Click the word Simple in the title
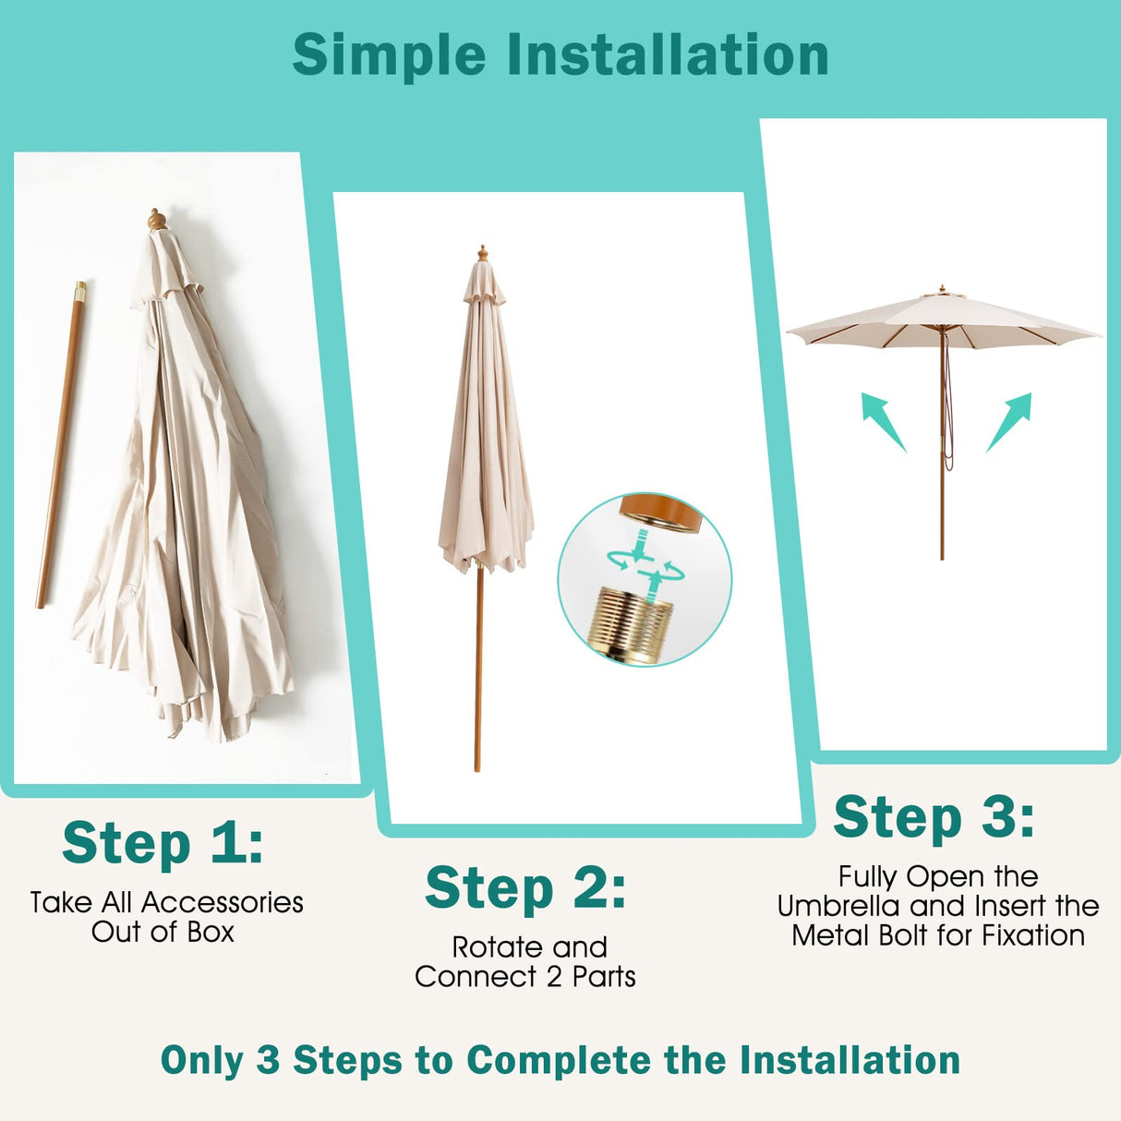tap(389, 55)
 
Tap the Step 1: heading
tap(163, 843)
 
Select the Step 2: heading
tap(525, 888)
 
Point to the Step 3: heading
tap(934, 818)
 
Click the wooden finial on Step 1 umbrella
tap(157, 220)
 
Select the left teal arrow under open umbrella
tap(882, 420)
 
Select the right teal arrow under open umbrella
tap(1009, 420)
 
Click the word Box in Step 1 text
tap(211, 932)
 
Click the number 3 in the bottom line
tap(268, 1060)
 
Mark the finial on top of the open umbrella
tap(942, 290)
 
